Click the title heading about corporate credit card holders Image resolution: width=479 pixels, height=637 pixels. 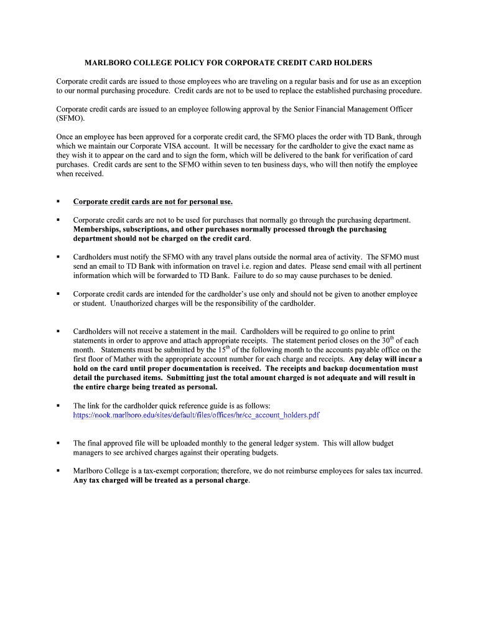tap(228, 63)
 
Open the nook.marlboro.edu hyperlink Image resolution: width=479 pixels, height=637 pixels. tap(196, 415)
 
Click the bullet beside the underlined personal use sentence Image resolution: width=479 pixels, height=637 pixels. tap(58, 202)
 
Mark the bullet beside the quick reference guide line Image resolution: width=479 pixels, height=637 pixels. tap(58, 406)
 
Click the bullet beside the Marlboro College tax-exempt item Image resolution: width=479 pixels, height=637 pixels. tap(58, 471)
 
